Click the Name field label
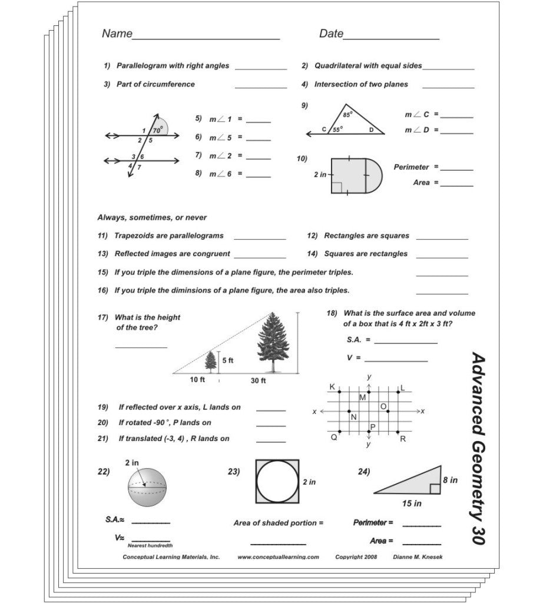[x=117, y=34]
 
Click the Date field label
[x=331, y=34]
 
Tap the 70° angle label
[x=157, y=130]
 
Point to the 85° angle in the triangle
[x=347, y=115]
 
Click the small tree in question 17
[x=211, y=361]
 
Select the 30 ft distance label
[x=259, y=381]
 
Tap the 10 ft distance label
[x=197, y=380]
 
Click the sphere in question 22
[x=147, y=488]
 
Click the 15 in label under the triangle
[x=412, y=503]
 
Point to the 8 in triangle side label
[x=450, y=480]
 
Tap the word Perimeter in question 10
[x=411, y=167]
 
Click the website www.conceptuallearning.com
[x=278, y=556]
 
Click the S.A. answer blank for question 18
[x=405, y=341]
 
